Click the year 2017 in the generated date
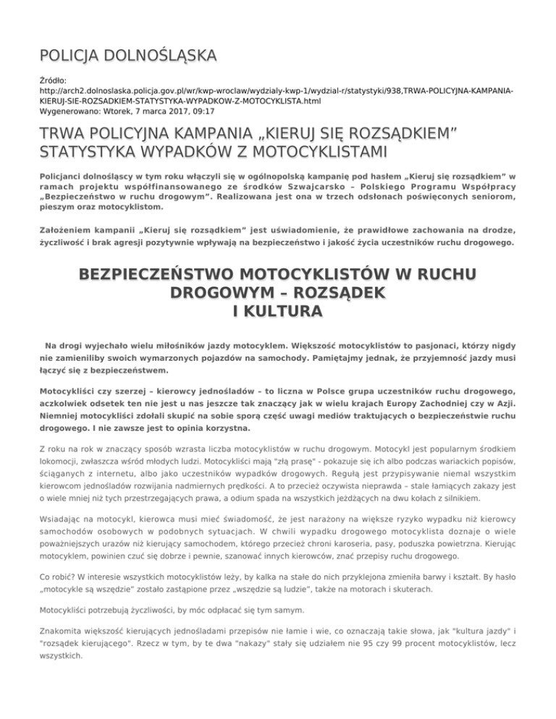click(159, 113)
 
